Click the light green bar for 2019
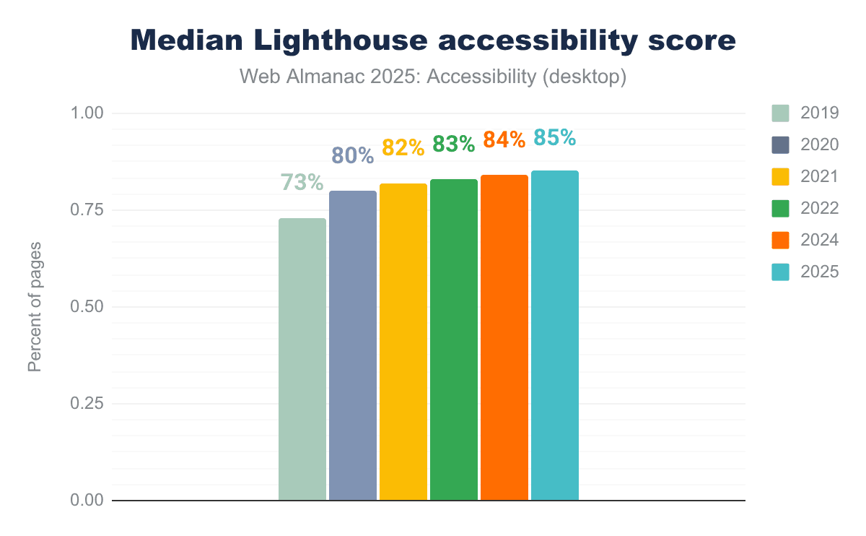pos(302,359)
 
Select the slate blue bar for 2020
pos(353,345)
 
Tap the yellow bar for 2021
pos(403,342)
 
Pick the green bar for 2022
pos(454,340)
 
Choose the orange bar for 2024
pos(504,337)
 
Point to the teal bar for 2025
pos(555,335)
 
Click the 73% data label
pos(302,182)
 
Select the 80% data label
pos(353,155)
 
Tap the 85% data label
pos(555,137)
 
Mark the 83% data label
pos(454,144)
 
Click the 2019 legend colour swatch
pos(781,113)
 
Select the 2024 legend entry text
pos(819,240)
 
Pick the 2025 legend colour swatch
pos(781,272)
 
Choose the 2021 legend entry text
pos(819,176)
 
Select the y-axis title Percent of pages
pos(35,307)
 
